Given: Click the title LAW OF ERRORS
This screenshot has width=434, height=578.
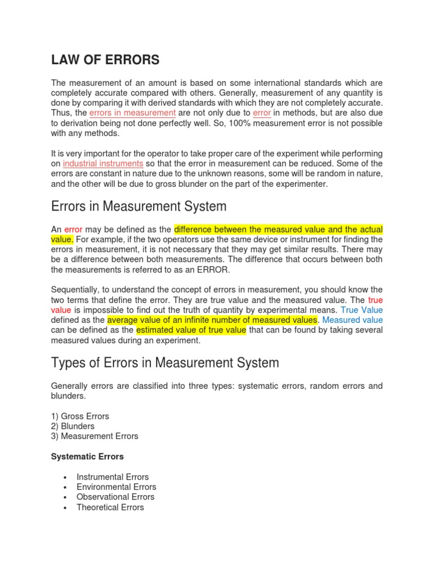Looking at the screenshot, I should (105, 60).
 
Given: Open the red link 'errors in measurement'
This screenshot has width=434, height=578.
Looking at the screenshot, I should (132, 113).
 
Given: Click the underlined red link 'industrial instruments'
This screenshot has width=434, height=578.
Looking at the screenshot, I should (103, 164).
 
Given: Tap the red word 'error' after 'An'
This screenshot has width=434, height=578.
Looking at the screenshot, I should (73, 229).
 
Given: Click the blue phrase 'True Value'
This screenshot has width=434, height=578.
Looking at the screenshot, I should (362, 310).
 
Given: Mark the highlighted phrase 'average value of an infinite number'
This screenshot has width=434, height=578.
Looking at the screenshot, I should (212, 320).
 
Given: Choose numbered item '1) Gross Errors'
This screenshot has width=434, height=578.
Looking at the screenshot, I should (80, 416).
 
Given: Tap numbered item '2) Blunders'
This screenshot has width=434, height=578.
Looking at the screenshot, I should (73, 426).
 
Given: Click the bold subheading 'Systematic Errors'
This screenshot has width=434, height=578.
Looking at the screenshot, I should (88, 456).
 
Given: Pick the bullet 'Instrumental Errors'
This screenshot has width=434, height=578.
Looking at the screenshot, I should (112, 477).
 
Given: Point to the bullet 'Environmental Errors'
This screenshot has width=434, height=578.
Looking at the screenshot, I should (116, 487).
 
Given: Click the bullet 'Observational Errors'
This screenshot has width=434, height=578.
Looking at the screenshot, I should (115, 497).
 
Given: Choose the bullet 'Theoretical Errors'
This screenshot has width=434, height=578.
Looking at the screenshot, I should (110, 507).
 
